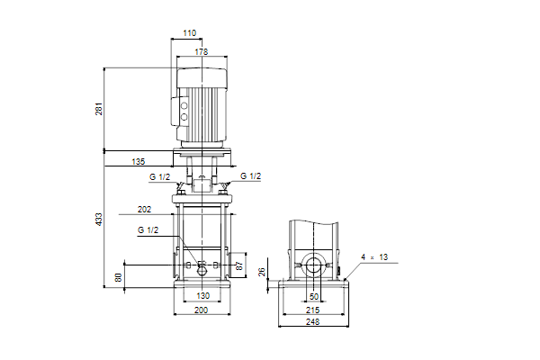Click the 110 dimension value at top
pos(189,33)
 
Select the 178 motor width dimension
pos(202,51)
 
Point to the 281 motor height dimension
pos(99,109)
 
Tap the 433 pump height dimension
pos(99,220)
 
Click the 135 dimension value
pos(139,161)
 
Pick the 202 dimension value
pos(144,210)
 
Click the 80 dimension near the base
pos(119,277)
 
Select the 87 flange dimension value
pos(239,265)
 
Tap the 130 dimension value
pos(203,295)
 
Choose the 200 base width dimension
pos(202,310)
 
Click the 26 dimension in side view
pos(262,272)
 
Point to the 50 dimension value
pos(314,296)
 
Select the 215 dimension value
pos(312,310)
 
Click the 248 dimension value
pos(312,322)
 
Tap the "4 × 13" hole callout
pos(374,257)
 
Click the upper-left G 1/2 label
pos(160,177)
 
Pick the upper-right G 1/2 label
pos(251,176)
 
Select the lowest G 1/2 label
pos(148,230)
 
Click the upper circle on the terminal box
pos(184,106)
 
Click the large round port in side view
pos(314,266)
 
